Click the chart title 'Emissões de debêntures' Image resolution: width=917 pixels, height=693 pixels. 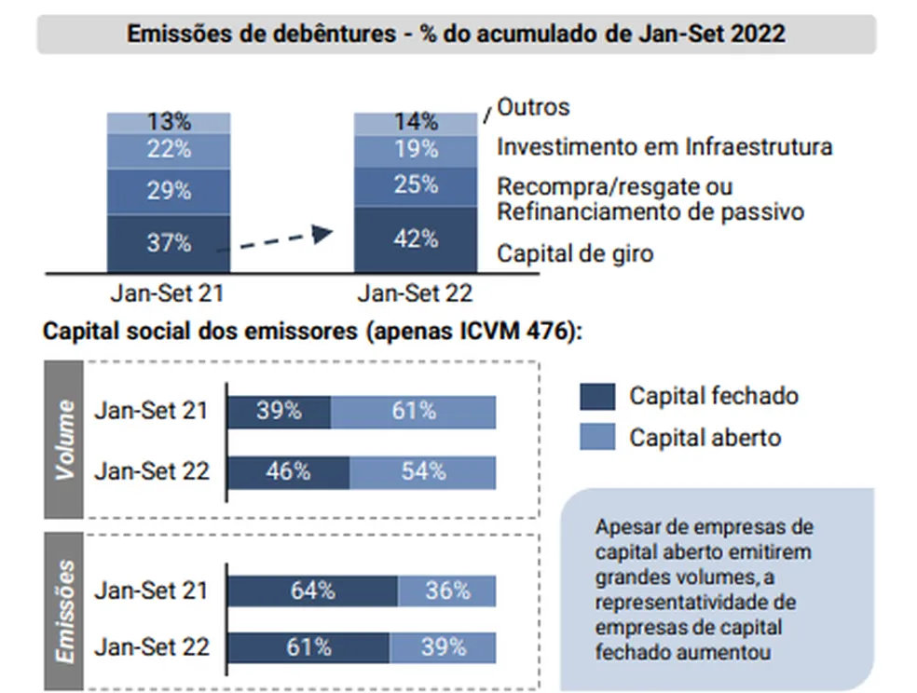point(456,34)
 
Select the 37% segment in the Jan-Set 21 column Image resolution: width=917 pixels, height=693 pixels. point(169,243)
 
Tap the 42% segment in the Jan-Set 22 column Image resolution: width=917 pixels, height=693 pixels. point(415,238)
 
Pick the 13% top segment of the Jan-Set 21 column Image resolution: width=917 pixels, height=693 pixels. point(169,122)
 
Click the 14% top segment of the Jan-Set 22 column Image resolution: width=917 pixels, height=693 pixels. point(415,122)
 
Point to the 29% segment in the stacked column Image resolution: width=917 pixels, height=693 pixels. point(169,191)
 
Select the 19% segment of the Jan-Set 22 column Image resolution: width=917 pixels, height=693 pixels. point(415,149)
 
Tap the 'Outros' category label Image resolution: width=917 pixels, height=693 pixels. point(533,107)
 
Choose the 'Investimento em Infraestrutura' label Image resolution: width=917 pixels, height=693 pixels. point(664,147)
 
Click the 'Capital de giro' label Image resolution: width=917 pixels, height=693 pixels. point(575,252)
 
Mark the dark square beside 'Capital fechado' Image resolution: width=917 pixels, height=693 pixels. point(597,396)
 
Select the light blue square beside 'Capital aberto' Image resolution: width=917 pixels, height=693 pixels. point(597,436)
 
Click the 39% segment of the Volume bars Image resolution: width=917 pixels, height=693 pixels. point(280,411)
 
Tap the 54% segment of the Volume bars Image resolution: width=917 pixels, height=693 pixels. point(423,471)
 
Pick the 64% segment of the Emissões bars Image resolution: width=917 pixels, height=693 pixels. point(313,591)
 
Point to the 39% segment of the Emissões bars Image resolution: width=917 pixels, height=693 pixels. point(443,646)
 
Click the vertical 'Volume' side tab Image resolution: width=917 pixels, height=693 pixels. point(64,440)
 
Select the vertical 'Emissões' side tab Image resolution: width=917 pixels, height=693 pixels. point(64,611)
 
